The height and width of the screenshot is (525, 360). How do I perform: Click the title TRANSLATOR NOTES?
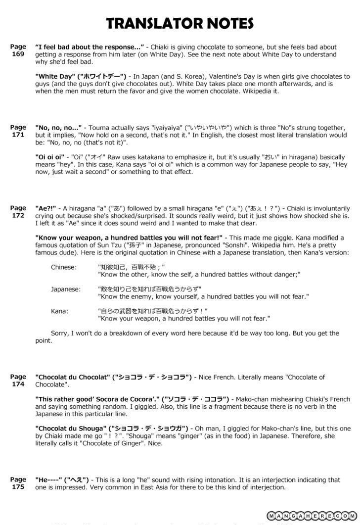180,23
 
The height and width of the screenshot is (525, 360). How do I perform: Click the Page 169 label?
18,50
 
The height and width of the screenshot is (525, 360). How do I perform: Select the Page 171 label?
18,131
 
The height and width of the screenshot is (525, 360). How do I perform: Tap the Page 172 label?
18,212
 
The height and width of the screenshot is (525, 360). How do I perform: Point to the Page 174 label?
18,380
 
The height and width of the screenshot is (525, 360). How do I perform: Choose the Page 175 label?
18,483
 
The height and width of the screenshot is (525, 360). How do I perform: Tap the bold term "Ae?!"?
45,208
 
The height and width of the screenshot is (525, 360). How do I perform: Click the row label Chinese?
64,267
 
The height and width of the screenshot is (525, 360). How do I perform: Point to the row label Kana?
60,311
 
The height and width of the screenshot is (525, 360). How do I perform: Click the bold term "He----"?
48,479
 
